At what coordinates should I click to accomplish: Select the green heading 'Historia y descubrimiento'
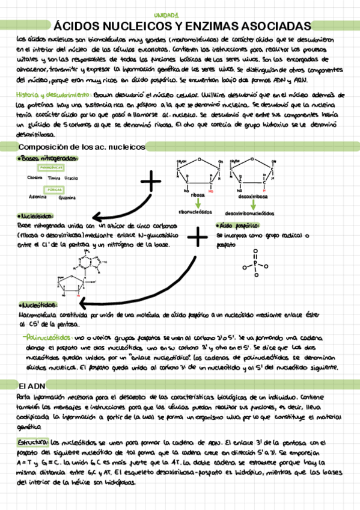(54, 95)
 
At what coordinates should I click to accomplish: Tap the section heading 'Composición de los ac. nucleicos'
(82, 147)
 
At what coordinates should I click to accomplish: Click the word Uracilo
(72, 179)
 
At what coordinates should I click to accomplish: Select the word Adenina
(38, 196)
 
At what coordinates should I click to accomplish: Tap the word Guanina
(67, 197)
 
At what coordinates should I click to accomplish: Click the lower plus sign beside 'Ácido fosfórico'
(197, 239)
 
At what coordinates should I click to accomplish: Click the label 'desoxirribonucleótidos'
(249, 214)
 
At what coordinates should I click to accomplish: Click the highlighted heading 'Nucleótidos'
(37, 305)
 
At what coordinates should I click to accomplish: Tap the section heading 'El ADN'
(29, 386)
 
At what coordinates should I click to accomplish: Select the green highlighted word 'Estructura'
(33, 441)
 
